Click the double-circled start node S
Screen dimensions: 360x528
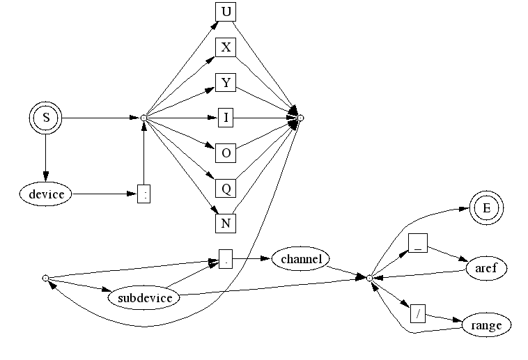tap(46, 118)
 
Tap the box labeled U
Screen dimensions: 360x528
tap(226, 13)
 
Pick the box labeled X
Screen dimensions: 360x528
tap(226, 47)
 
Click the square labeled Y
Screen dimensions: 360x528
tap(226, 82)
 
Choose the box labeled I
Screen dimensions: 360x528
tap(226, 118)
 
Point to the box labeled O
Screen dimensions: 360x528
tap(226, 153)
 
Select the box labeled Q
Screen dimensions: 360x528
tap(226, 188)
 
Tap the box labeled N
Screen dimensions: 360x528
tap(226, 223)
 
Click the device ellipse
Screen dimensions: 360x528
tap(46, 194)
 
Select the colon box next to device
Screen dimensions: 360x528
tap(143, 194)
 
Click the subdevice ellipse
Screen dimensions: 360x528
tap(144, 298)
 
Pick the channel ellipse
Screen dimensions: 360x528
tap(301, 259)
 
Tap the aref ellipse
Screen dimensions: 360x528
tap(486, 268)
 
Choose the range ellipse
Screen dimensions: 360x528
tap(486, 324)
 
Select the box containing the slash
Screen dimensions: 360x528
tap(418, 313)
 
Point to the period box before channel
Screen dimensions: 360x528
tap(226, 259)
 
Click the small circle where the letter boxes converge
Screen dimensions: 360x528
tap(301, 118)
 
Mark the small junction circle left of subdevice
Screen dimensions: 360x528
tap(45, 278)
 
